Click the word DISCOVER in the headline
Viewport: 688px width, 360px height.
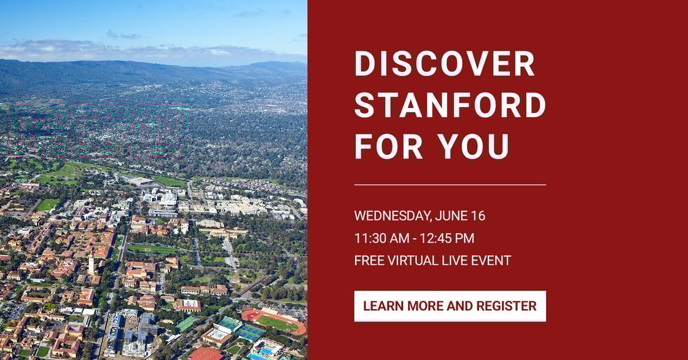pos(445,64)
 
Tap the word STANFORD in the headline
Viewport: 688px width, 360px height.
pos(450,104)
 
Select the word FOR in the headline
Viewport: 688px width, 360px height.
pos(386,146)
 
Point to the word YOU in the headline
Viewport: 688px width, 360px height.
pos(474,146)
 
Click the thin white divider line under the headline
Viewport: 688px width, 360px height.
pos(450,184)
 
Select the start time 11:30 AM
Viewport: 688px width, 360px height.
pos(380,238)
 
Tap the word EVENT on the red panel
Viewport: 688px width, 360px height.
pos(490,260)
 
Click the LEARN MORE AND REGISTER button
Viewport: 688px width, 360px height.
pos(450,306)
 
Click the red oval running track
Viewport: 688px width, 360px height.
pos(273,321)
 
